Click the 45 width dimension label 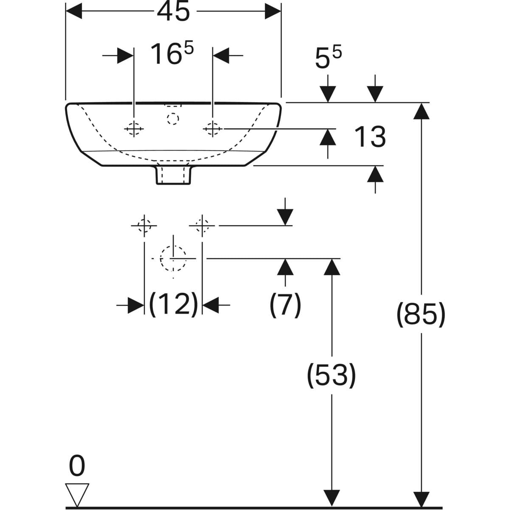click(173, 12)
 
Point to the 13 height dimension click(370, 137)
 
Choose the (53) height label click(331, 375)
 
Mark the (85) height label click(421, 315)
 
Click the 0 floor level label click(77, 466)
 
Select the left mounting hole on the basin click(134, 128)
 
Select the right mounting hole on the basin click(212, 128)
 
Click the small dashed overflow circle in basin click(173, 119)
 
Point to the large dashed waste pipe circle click(173, 258)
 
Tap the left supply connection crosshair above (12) click(145, 226)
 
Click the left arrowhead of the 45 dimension click(73, 12)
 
